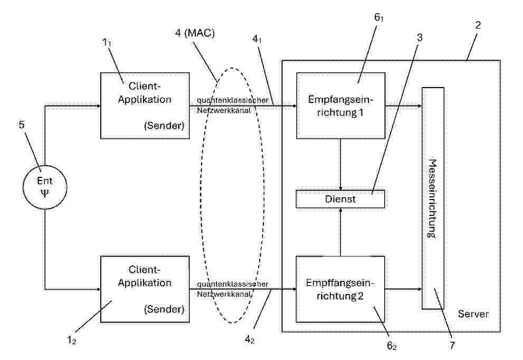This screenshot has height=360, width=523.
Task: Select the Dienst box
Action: coord(340,199)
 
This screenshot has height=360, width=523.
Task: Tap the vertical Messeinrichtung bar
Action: coord(433,198)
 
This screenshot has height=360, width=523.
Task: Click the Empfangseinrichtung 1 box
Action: coord(340,106)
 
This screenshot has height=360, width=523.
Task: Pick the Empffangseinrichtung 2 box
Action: coord(340,289)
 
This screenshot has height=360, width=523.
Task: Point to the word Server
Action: coord(473,314)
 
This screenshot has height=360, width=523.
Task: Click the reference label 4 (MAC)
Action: coord(195,33)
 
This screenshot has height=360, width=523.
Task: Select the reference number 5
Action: coord(22,125)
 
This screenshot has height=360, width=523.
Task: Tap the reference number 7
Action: coord(452,345)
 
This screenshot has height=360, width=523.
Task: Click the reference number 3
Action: coord(420,37)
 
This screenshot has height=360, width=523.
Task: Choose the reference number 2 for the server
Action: coord(478,25)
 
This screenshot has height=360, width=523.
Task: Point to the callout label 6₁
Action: coord(378,17)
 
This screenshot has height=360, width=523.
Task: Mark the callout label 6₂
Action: coord(392,346)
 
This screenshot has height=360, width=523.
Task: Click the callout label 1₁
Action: coord(107,42)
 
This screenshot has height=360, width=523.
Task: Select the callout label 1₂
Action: coord(72,340)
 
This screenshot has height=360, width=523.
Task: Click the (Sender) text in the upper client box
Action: coord(164,126)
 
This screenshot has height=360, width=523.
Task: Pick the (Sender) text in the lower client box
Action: coord(164,309)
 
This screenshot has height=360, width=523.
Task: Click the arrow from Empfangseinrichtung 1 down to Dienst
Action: coord(340,164)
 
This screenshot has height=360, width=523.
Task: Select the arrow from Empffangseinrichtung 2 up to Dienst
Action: coord(340,232)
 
